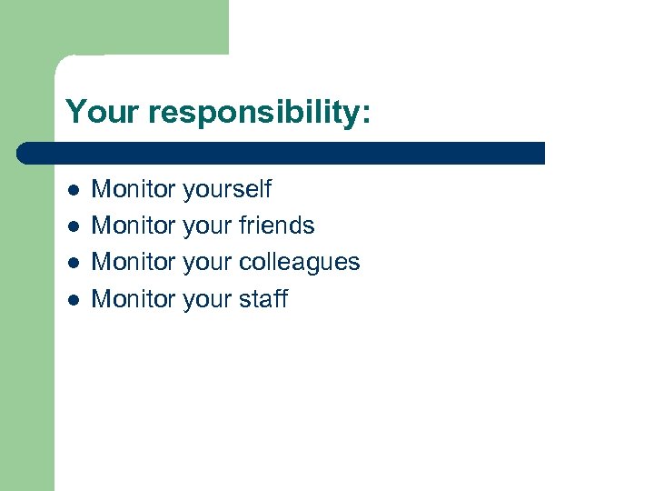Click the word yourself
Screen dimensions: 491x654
click(227, 190)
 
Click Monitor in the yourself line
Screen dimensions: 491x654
click(134, 189)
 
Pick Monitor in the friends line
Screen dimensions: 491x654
click(134, 225)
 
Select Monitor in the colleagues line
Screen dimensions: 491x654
click(134, 262)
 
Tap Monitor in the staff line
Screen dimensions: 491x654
click(134, 298)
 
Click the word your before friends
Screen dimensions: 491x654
click(210, 227)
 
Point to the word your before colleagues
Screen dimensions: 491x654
click(210, 264)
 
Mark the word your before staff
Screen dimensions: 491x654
click(210, 300)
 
